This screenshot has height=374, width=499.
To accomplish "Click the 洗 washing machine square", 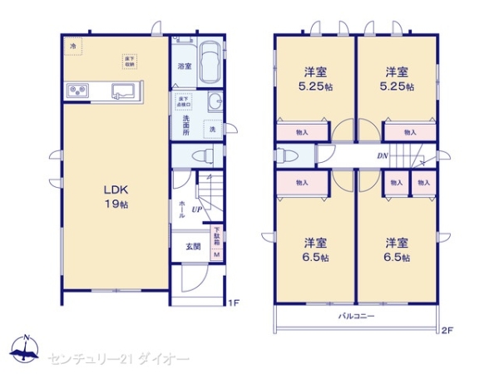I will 212,130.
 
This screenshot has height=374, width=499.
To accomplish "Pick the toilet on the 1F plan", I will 200,155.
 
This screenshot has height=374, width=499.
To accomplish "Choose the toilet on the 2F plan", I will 285,155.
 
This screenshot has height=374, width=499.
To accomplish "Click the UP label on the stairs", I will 196,209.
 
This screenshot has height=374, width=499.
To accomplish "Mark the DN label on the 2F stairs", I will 382,155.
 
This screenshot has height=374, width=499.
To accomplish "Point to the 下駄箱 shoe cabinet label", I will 216,236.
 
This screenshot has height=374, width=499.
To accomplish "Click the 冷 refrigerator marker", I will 72,46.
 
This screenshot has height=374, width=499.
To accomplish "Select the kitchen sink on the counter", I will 126,90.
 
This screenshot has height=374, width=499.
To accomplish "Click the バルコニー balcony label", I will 356,317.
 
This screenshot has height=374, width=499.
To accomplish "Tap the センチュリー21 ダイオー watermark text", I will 119,357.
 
